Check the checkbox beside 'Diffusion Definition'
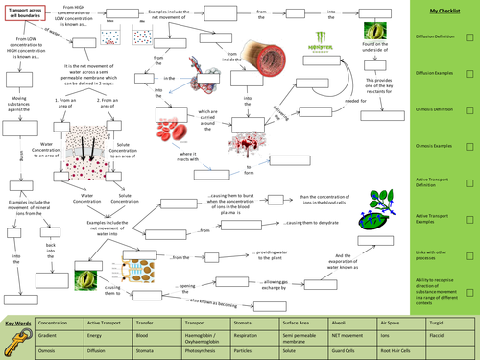[468, 39]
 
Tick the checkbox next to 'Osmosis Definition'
[468, 110]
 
